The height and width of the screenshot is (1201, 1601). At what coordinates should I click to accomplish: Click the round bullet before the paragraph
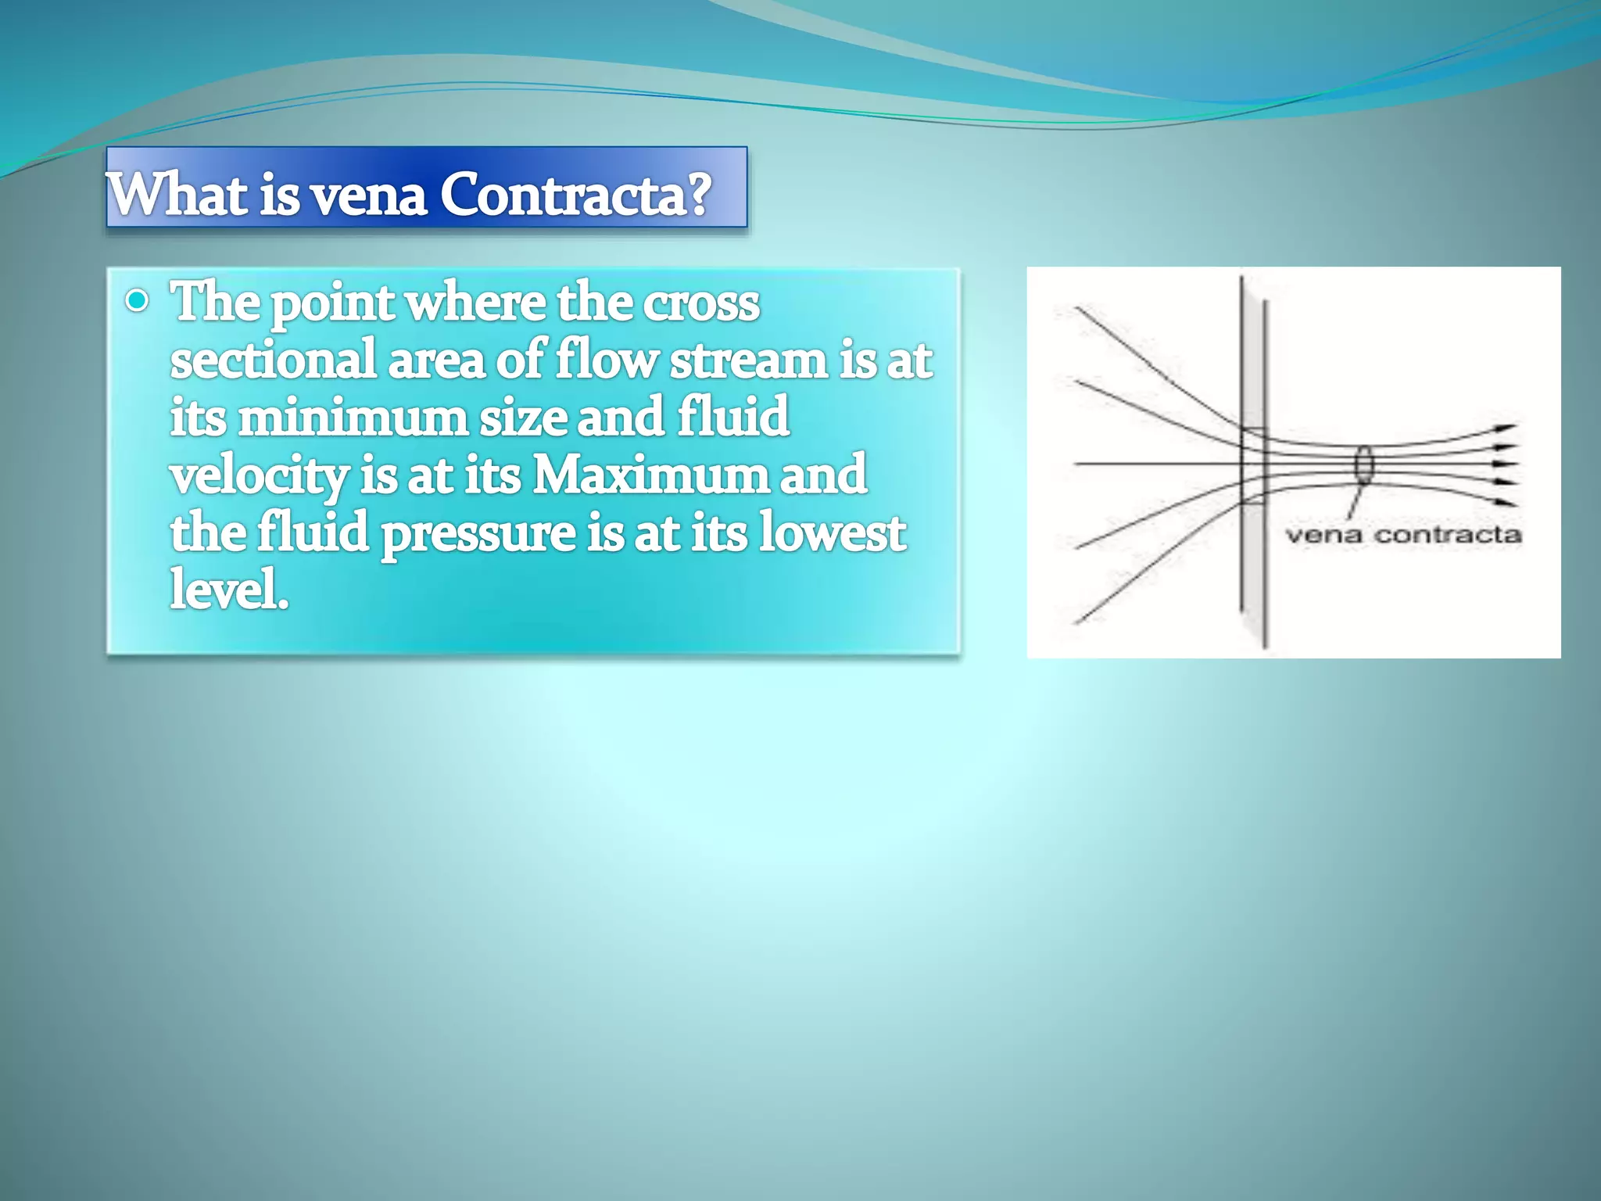pyautogui.click(x=137, y=301)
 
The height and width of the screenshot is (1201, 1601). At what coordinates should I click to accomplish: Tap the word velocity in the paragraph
pyautogui.click(x=259, y=475)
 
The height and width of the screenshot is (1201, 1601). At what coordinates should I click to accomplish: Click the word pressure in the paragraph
pyautogui.click(x=478, y=533)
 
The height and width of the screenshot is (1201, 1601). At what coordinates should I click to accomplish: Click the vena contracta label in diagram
pyautogui.click(x=1403, y=536)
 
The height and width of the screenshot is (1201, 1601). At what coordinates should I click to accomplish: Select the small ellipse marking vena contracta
pyautogui.click(x=1363, y=464)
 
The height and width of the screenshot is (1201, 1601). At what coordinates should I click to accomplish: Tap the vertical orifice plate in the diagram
pyautogui.click(x=1253, y=461)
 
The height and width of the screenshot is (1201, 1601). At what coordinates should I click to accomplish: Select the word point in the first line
pyautogui.click(x=332, y=304)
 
